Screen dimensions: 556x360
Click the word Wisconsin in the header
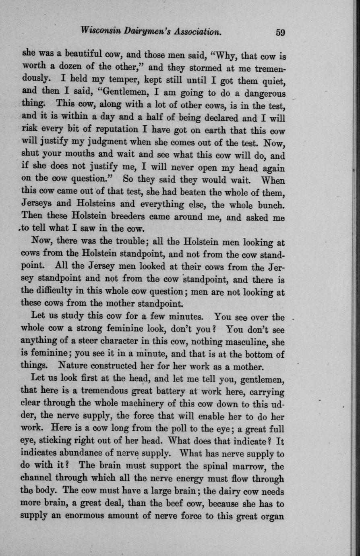click(100, 31)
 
